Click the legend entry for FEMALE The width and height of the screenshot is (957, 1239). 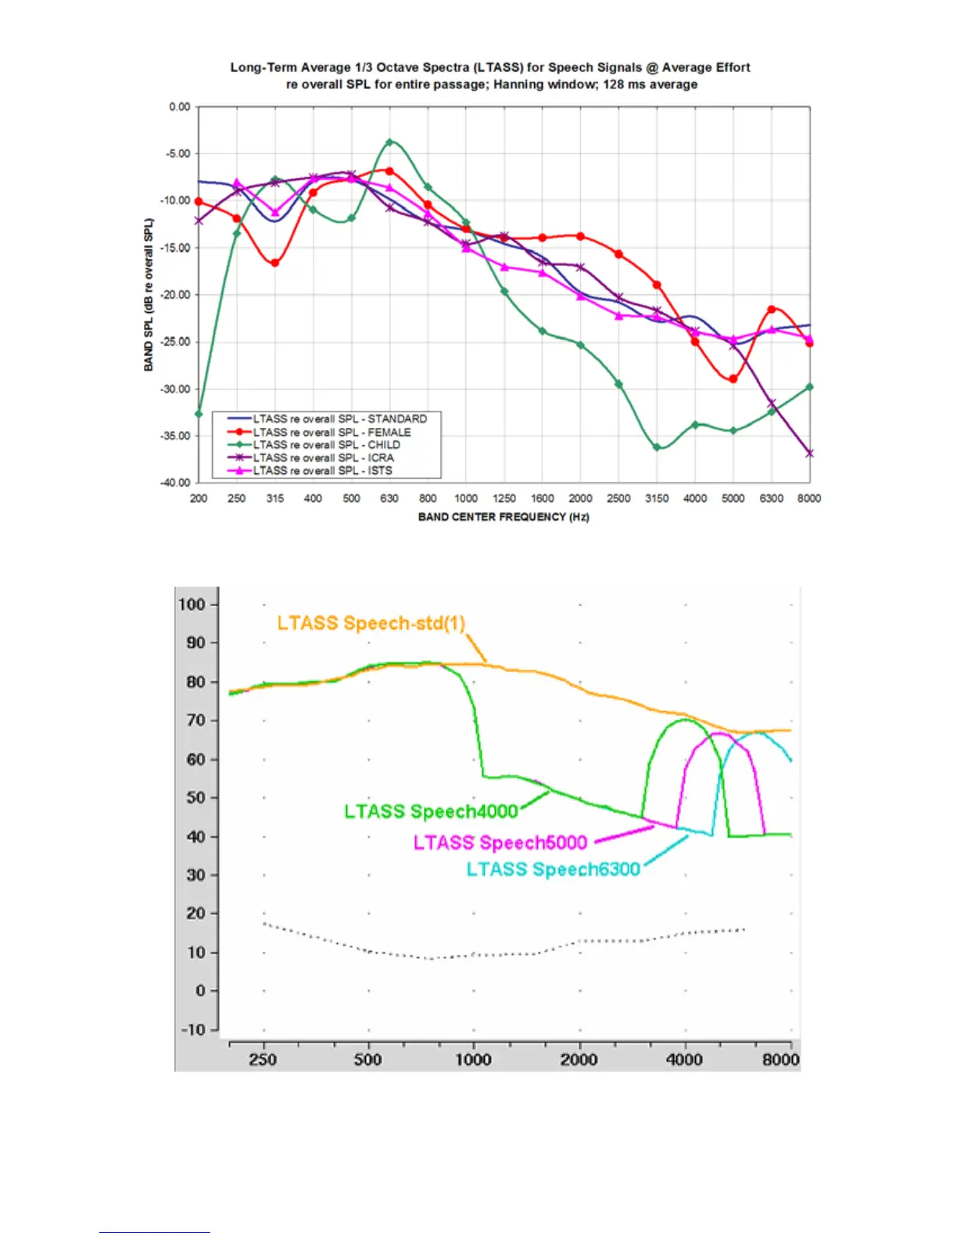[332, 432]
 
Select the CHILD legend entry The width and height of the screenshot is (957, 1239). [326, 444]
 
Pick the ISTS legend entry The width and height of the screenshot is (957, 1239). [322, 470]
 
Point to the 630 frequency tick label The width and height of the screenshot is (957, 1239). [389, 498]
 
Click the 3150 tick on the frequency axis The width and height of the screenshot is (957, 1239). [657, 498]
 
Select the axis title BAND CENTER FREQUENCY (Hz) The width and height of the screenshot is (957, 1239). [504, 517]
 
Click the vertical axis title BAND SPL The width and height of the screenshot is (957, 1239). [149, 295]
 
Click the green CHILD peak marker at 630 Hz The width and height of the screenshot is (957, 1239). [389, 142]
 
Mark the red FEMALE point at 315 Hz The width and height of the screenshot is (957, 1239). [275, 263]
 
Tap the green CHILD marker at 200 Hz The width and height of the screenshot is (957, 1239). [199, 414]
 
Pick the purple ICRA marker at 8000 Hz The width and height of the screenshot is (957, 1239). [809, 453]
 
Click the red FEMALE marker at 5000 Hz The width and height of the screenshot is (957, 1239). [733, 379]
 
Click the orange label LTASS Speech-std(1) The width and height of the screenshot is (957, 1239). [371, 623]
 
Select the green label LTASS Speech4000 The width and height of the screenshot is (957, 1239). [431, 811]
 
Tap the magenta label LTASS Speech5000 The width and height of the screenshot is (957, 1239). [500, 842]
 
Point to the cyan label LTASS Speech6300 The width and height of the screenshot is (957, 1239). [553, 869]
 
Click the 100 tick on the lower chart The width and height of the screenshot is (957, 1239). [192, 605]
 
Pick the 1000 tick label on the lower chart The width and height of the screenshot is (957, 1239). [474, 1060]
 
